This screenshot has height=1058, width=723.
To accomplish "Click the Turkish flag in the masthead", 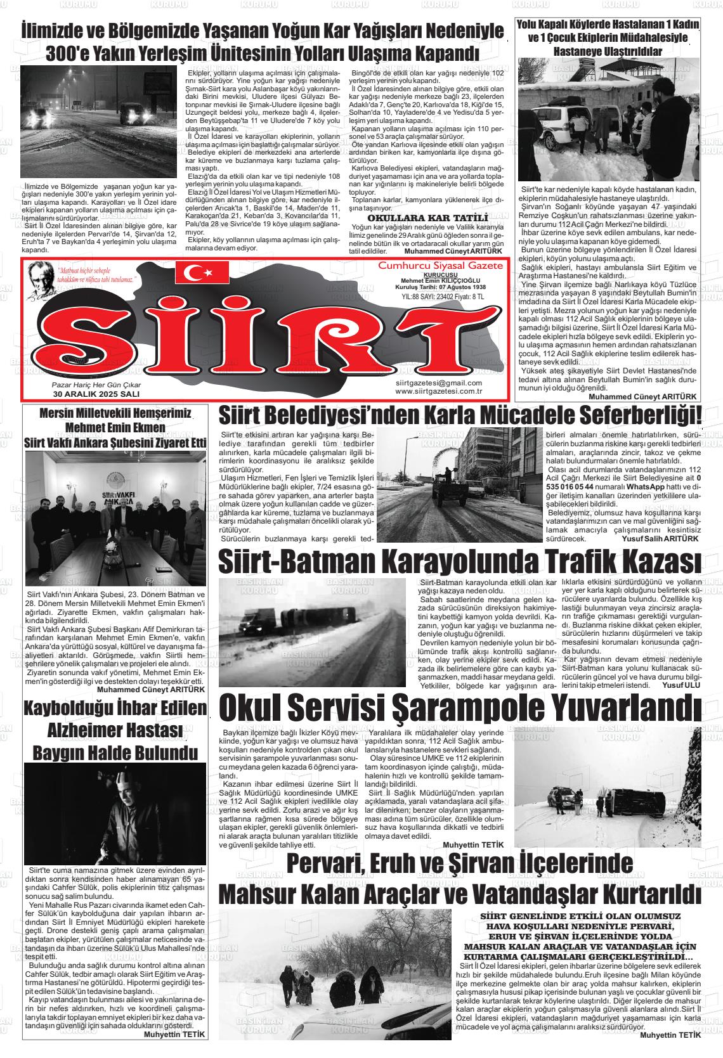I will pyautogui.click(x=202, y=273).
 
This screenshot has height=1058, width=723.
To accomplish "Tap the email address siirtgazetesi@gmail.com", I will pyautogui.click(x=438, y=382).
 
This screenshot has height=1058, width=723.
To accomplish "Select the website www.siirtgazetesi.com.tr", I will pyautogui.click(x=439, y=390).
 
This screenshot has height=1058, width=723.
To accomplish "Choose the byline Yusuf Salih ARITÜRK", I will pyautogui.click(x=660, y=538).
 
